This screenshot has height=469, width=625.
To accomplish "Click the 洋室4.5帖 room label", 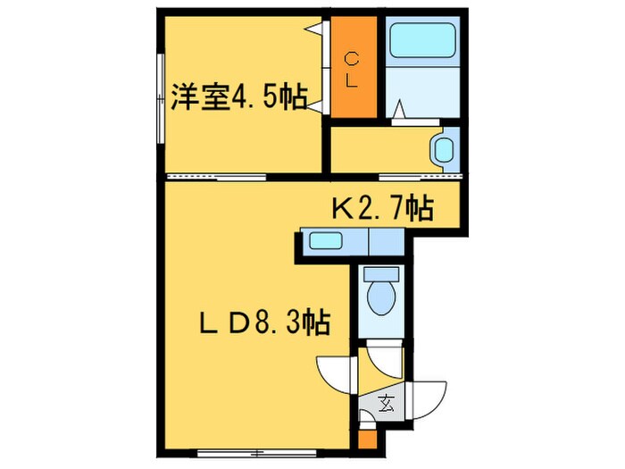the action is tap(239, 96).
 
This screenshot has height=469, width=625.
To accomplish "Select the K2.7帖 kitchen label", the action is tap(383, 207).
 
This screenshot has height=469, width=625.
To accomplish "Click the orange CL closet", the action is tap(354, 67).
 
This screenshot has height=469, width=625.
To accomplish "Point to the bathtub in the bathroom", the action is tap(422, 40).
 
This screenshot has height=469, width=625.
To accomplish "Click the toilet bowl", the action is tap(381, 297).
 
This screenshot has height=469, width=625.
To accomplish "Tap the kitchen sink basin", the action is tap(326, 241).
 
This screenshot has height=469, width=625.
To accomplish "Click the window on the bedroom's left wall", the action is tap(161, 98).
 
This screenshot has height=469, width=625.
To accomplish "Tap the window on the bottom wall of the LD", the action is tap(257, 453).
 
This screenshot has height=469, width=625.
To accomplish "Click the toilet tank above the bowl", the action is tap(381, 274).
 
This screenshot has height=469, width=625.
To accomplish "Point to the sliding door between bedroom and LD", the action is tap(217, 177).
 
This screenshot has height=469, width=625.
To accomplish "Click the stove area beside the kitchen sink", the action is tap(387, 241).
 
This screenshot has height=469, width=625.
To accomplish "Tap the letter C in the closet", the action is tap(352, 60).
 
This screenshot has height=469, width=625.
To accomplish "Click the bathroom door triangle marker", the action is tap(400, 110).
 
